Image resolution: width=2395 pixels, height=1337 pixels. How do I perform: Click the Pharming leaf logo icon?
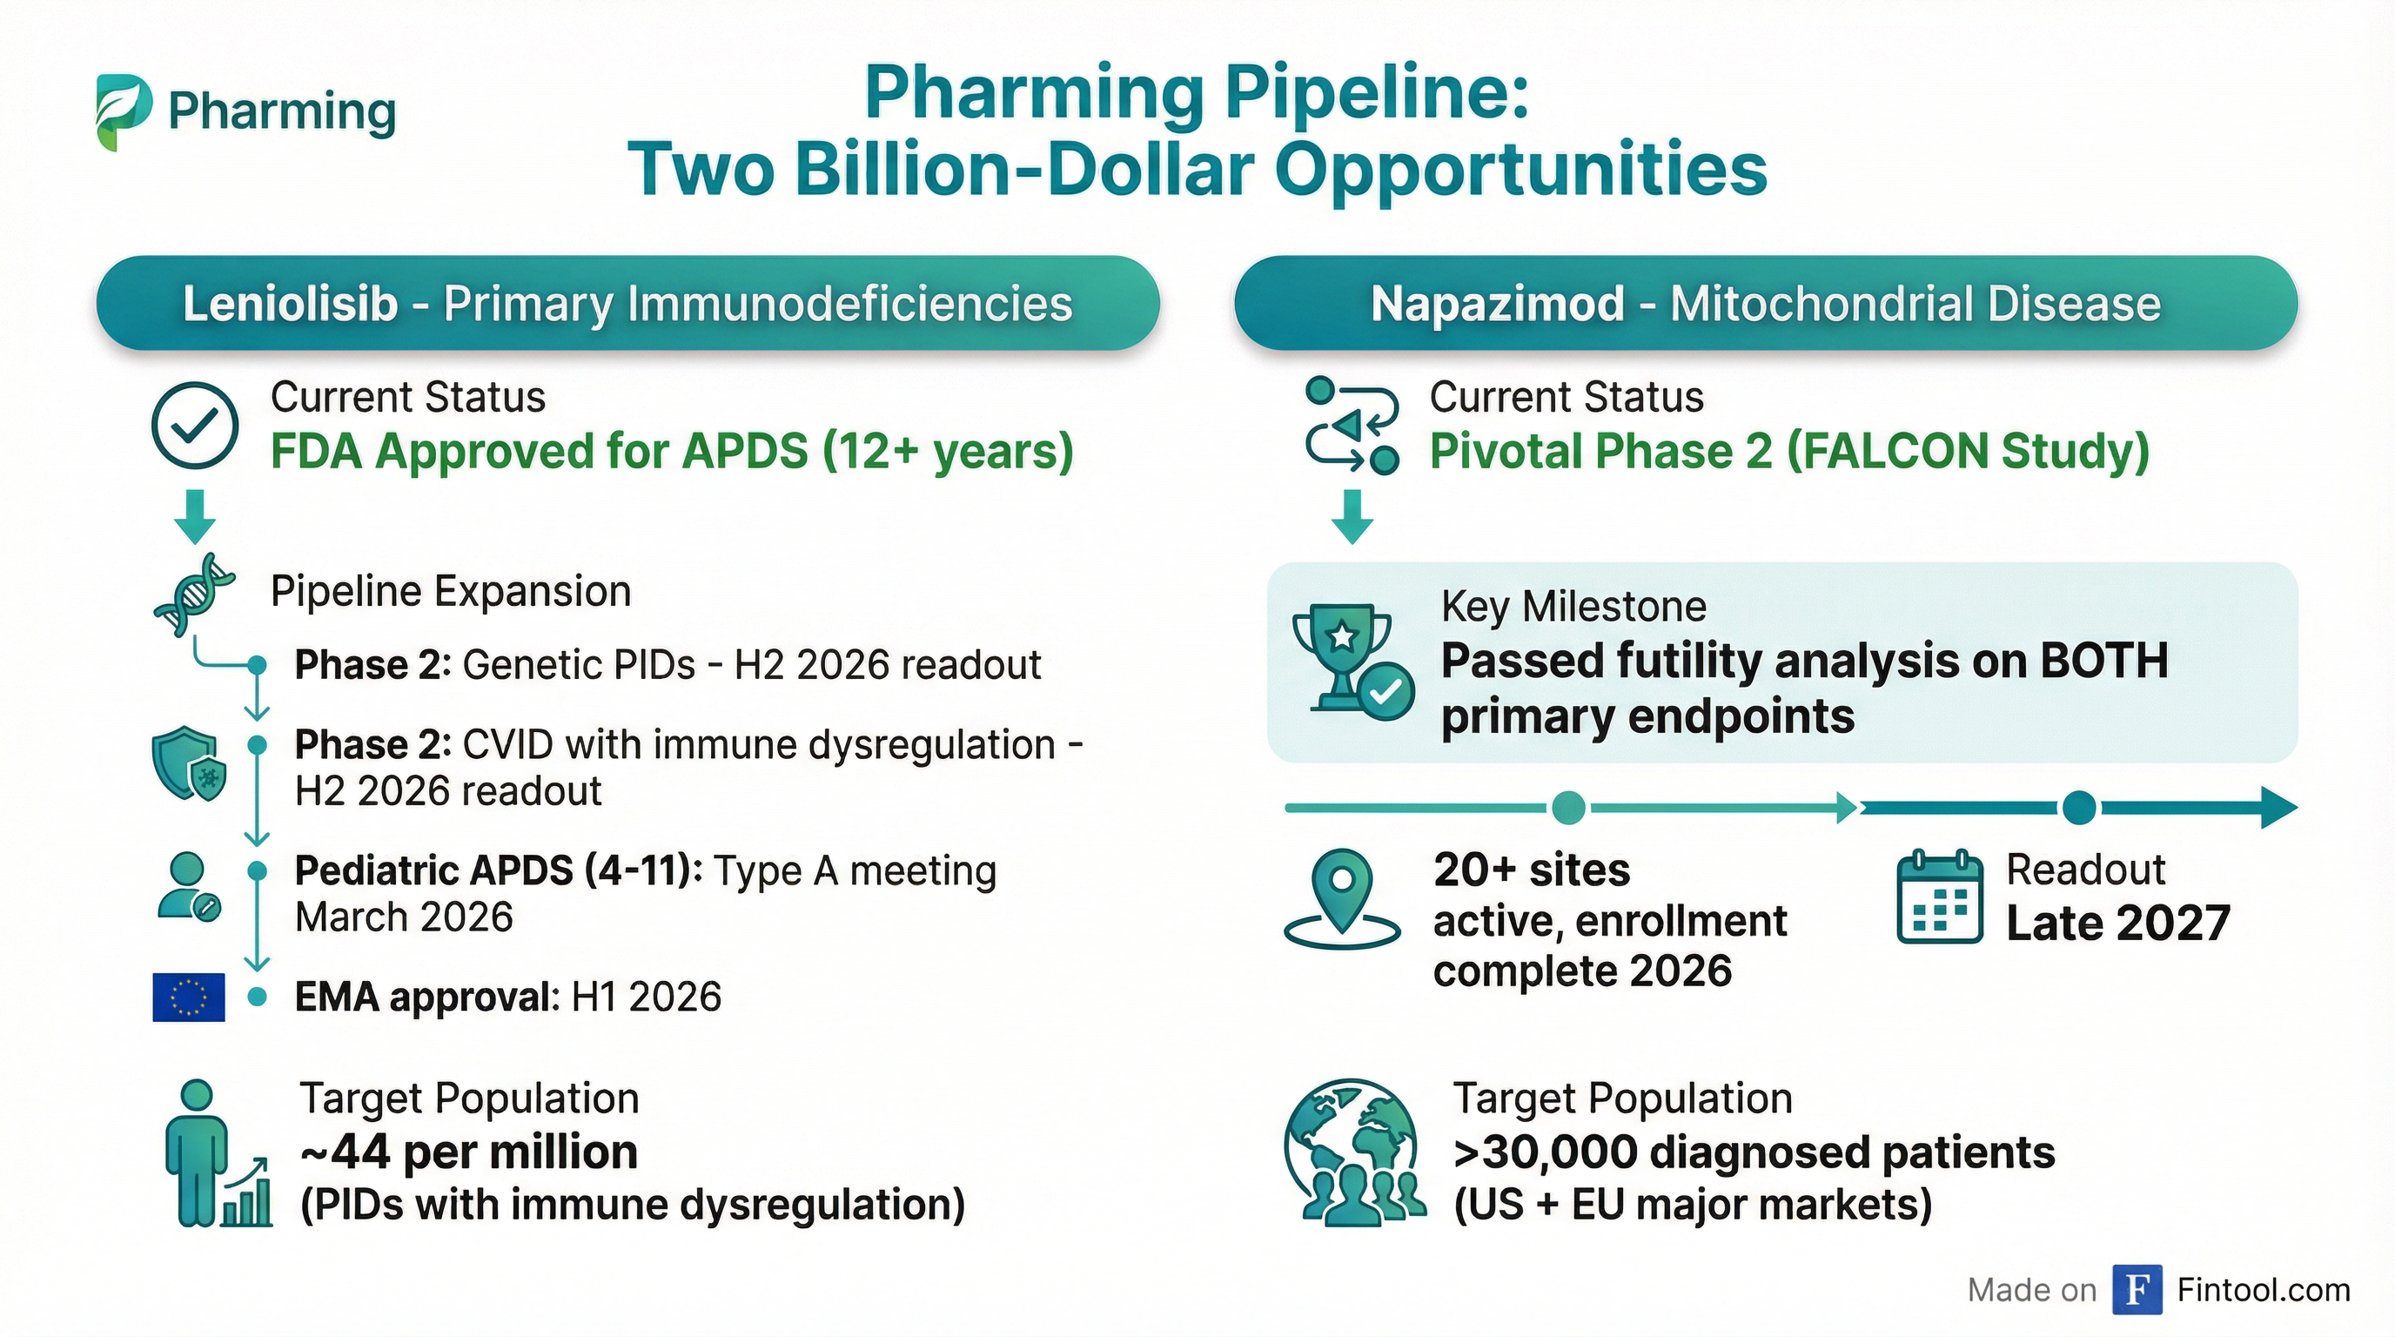pyautogui.click(x=124, y=111)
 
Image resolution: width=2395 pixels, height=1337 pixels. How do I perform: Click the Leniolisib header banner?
pyautogui.click(x=627, y=303)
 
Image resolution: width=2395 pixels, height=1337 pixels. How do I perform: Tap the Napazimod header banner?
pyautogui.click(x=1766, y=303)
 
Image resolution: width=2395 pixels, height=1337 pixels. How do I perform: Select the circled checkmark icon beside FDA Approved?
pyautogui.click(x=194, y=425)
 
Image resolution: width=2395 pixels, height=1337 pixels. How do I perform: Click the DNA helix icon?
pyautogui.click(x=194, y=595)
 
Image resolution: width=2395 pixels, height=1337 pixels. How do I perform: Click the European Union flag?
pyautogui.click(x=189, y=998)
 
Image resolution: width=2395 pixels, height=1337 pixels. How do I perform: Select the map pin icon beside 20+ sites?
pyautogui.click(x=1342, y=897)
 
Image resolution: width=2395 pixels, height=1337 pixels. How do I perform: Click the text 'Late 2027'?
pyautogui.click(x=2118, y=924)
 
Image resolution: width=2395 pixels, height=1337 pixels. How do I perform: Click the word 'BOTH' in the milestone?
pyautogui.click(x=2104, y=661)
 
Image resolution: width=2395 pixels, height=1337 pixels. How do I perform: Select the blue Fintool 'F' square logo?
pyautogui.click(x=2137, y=1290)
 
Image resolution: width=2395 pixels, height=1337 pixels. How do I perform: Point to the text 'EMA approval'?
pyautogui.click(x=423, y=998)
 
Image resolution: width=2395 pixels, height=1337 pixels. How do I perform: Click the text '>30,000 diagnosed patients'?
pyautogui.click(x=1754, y=1153)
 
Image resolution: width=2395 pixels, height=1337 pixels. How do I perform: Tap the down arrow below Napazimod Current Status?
pyautogui.click(x=1352, y=517)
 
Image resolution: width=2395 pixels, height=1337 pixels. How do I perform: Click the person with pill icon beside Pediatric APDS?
pyautogui.click(x=189, y=887)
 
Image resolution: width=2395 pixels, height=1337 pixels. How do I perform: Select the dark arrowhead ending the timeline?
pyautogui.click(x=2278, y=807)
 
